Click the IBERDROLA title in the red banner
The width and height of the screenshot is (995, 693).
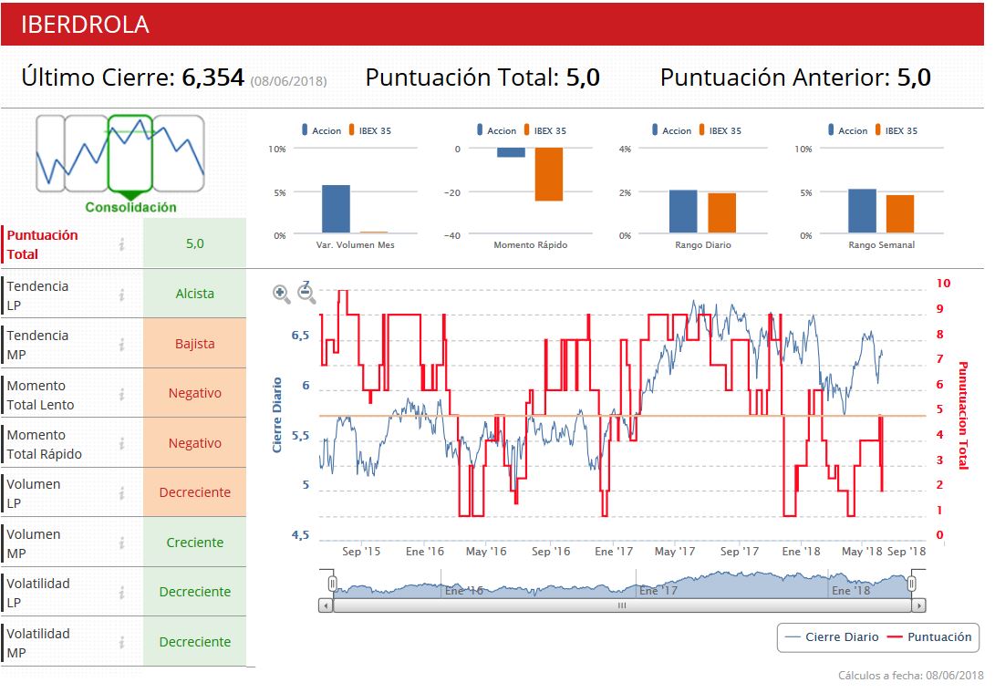[85, 25]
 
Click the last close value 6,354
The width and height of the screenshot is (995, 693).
[213, 78]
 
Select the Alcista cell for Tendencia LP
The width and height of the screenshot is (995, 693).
[194, 294]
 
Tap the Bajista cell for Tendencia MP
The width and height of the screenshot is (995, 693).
[194, 344]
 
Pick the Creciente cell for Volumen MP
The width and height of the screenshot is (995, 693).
[194, 543]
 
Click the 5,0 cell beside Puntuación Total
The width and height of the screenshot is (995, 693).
[194, 243]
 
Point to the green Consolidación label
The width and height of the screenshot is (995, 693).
[130, 207]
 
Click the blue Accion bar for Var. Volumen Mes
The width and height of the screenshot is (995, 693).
[336, 209]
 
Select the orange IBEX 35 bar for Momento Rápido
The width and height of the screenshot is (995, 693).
[548, 174]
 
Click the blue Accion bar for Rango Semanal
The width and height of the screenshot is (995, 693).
[862, 211]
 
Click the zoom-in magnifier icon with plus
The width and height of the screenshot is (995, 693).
[282, 294]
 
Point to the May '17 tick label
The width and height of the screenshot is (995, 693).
[675, 552]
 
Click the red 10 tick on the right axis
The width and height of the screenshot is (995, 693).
[943, 284]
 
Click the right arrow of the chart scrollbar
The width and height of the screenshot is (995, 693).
[918, 605]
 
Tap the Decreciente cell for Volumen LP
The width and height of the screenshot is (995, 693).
[194, 492]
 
